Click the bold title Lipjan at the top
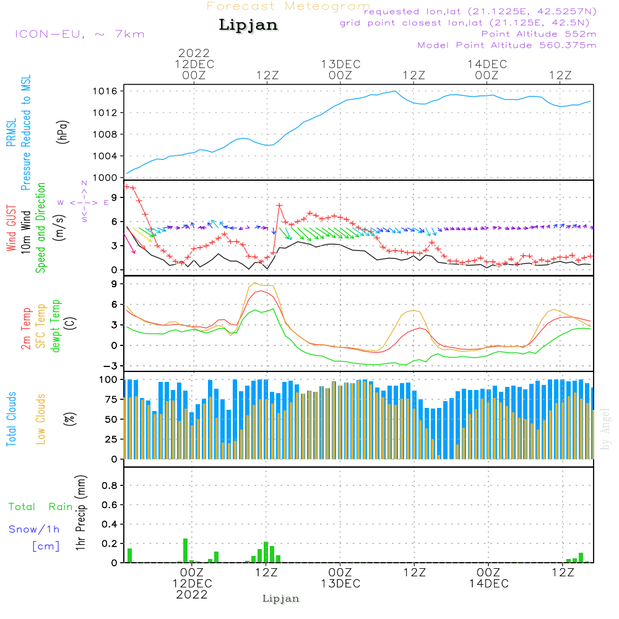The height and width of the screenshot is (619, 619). [x=248, y=25]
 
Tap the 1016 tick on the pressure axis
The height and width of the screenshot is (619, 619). [x=108, y=91]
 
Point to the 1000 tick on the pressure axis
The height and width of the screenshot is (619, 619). [x=108, y=178]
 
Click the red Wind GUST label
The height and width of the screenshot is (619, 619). [x=11, y=230]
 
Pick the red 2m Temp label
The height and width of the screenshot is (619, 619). [x=26, y=327]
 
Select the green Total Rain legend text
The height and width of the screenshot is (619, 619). [x=40, y=507]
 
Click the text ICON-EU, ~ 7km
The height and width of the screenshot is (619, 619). [x=79, y=33]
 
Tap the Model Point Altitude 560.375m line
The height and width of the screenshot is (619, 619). [x=506, y=45]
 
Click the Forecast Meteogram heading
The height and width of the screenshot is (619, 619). [x=288, y=6]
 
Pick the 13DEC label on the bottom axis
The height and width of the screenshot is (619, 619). [x=340, y=584]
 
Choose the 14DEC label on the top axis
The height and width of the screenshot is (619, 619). [x=487, y=64]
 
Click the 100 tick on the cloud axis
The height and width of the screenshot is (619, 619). [x=108, y=379]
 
